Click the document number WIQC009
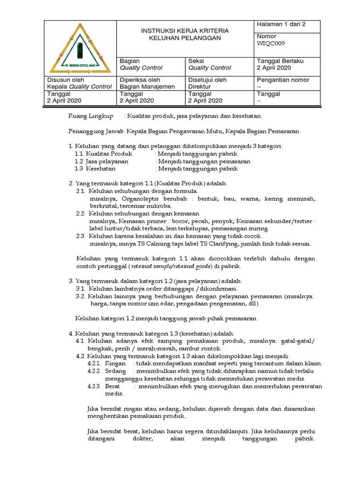coord(270,44)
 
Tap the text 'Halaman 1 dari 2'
coord(281,25)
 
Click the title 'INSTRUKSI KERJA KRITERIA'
coord(185,31)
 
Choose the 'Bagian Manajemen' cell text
coord(147,86)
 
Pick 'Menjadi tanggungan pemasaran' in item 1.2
coord(204,161)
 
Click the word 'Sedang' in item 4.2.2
coord(116,371)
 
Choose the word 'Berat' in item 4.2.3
coord(114,386)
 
